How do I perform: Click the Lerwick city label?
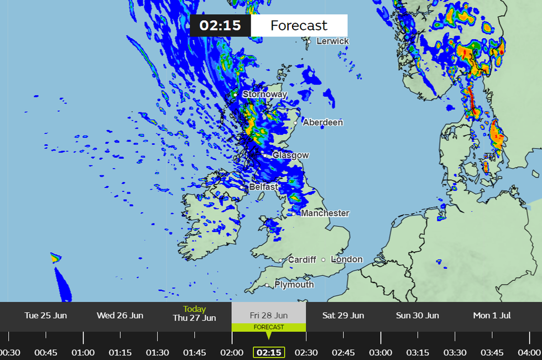[x=332, y=41]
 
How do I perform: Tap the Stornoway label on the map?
[x=265, y=95]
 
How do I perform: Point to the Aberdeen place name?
[x=323, y=122]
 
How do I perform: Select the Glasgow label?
[x=290, y=155]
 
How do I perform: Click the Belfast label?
[x=263, y=187]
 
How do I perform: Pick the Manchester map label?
[x=325, y=213]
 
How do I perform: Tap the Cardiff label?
[x=302, y=259]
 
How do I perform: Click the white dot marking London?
[x=324, y=259]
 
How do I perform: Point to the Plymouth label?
[x=294, y=285]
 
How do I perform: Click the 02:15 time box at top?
[x=220, y=25]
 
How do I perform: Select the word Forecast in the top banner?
[x=299, y=25]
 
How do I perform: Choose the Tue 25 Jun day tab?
[x=46, y=316]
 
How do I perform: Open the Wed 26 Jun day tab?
[x=120, y=316]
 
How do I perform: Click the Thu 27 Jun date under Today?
[x=194, y=318]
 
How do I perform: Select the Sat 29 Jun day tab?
[x=343, y=316]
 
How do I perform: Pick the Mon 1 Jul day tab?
[x=492, y=316]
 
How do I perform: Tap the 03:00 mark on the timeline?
[x=381, y=352]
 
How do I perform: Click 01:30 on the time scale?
[x=157, y=352]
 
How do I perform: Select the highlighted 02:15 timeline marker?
[x=269, y=352]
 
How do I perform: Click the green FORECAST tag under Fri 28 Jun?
[x=269, y=327]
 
